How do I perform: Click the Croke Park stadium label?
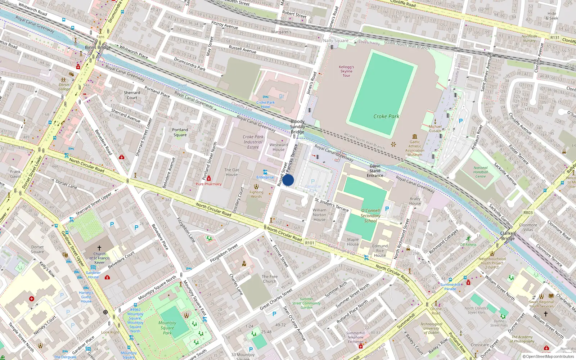(386, 116)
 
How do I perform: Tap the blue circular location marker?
(288, 180)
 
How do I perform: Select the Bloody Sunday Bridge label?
(297, 127)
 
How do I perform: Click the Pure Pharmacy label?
(209, 184)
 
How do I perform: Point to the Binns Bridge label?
(98, 47)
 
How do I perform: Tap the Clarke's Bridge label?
(508, 236)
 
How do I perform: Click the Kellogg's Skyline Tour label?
(346, 71)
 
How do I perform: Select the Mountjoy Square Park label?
(167, 328)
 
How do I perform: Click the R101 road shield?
(310, 243)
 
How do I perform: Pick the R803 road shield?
(528, 213)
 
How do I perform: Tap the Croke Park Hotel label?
(265, 104)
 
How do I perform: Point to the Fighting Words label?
(256, 194)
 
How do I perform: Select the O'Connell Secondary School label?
(370, 216)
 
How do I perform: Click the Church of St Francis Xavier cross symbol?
(99, 248)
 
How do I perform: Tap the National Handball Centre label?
(481, 172)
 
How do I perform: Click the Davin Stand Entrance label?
(375, 171)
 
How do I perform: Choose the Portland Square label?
(180, 132)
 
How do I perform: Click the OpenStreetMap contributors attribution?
(548, 356)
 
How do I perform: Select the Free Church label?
(270, 279)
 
